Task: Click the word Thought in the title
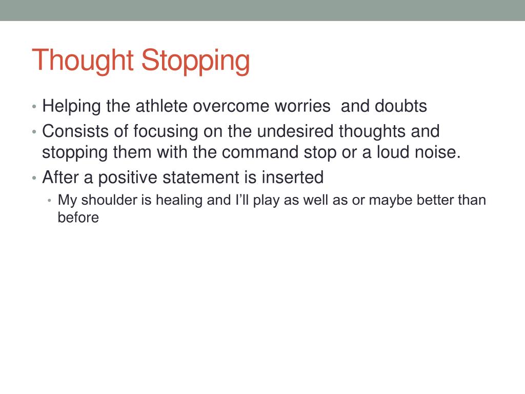pyautogui.click(x=84, y=61)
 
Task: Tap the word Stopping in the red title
pyautogui.click(x=196, y=61)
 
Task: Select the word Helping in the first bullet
pyautogui.click(x=72, y=106)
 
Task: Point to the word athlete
pyautogui.click(x=161, y=106)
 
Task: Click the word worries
pyautogui.click(x=302, y=106)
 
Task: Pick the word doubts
pyautogui.click(x=401, y=106)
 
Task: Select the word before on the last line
pyautogui.click(x=78, y=218)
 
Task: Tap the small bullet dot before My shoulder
pyautogui.click(x=49, y=201)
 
